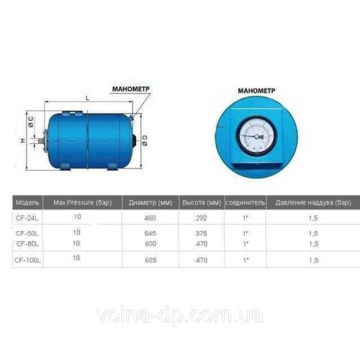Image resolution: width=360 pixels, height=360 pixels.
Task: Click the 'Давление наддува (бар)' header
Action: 312,202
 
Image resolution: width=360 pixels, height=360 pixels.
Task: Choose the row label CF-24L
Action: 27,217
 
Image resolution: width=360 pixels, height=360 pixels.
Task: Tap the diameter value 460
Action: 150,217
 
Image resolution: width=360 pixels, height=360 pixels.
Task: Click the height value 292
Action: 201,217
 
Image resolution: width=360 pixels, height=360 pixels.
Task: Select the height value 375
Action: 201,233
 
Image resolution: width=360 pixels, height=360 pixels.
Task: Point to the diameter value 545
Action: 150,233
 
